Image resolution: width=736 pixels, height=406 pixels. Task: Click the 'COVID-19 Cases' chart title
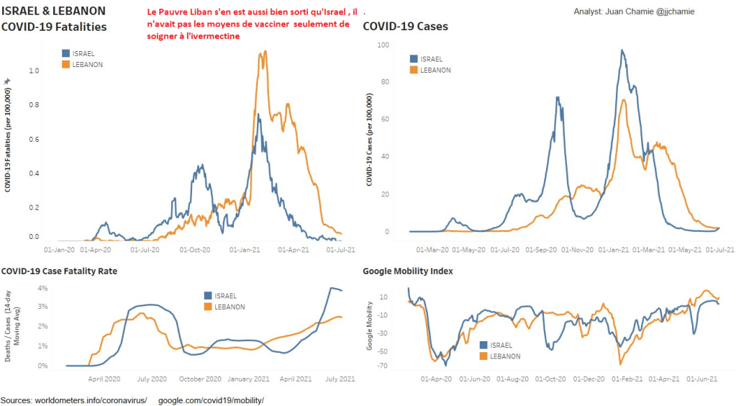click(405, 27)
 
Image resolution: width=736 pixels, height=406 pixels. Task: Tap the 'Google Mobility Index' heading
click(407, 271)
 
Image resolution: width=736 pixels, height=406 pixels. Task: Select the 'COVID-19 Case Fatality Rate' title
click(59, 271)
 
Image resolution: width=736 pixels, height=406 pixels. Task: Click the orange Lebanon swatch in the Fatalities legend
click(67, 65)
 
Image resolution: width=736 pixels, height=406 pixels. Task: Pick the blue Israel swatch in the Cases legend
click(413, 59)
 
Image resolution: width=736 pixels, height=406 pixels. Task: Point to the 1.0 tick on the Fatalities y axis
click(34, 71)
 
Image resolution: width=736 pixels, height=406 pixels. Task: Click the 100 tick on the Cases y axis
click(383, 45)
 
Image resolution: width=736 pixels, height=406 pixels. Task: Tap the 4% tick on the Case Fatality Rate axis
click(42, 289)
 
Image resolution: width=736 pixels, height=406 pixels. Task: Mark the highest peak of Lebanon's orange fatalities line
click(265, 50)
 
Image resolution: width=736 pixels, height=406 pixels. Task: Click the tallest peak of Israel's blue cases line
click(622, 50)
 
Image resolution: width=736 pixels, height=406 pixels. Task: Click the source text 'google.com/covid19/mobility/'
click(211, 400)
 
